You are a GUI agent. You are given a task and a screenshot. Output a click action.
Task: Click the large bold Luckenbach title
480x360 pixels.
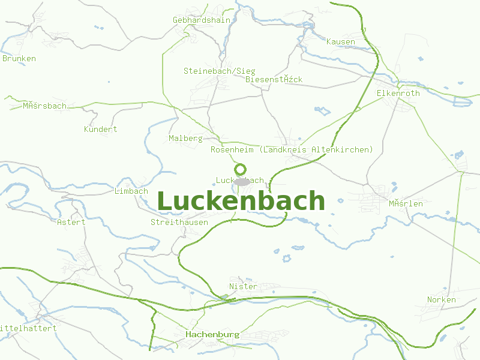pyautogui.click(x=241, y=202)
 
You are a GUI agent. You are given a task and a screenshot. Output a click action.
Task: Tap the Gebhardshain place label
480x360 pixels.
pyautogui.click(x=201, y=20)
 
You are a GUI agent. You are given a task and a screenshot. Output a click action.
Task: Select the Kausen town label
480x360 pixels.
pyautogui.click(x=340, y=41)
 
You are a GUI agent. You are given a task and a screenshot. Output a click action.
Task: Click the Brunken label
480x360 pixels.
pyautogui.click(x=19, y=58)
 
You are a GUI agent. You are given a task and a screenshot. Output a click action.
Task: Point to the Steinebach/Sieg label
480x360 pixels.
pyautogui.click(x=219, y=71)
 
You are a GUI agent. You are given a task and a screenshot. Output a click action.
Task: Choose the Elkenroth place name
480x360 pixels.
pyautogui.click(x=398, y=93)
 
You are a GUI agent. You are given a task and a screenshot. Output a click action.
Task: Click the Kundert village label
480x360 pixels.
pyautogui.click(x=100, y=129)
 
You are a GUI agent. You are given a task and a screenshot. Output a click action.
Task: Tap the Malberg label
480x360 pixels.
pyautogui.click(x=185, y=138)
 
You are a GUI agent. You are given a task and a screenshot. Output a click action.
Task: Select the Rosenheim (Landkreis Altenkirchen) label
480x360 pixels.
pyautogui.click(x=292, y=149)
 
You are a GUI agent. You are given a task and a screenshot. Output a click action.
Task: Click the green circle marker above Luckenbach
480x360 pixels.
pyautogui.click(x=240, y=169)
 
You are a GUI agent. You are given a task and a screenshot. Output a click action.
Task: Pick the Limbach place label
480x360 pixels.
pyautogui.click(x=131, y=191)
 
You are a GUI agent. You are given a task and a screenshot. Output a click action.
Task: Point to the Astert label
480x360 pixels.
pyautogui.click(x=71, y=222)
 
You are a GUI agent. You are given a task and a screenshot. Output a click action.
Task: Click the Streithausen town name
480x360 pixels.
pyautogui.click(x=179, y=222)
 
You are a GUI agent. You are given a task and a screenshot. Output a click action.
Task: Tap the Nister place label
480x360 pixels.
pyautogui.click(x=243, y=286)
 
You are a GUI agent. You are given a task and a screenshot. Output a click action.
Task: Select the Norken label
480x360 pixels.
pyautogui.click(x=441, y=299)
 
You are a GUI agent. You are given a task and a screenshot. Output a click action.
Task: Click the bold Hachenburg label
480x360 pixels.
pyautogui.click(x=212, y=334)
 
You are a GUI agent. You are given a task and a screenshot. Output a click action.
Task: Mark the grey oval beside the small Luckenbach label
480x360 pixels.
pyautogui.click(x=242, y=181)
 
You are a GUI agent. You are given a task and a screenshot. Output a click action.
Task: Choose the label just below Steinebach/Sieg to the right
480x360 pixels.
pyautogui.click(x=274, y=79)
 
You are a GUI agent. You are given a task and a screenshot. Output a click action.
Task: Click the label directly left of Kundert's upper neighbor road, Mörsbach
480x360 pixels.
pyautogui.click(x=44, y=106)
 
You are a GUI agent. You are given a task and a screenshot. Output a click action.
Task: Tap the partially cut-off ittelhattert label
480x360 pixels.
pyautogui.click(x=28, y=328)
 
